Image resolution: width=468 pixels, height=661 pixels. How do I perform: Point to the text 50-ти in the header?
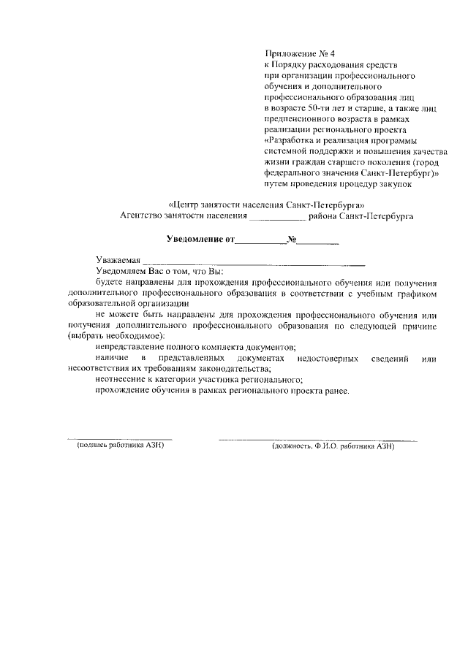[318, 108]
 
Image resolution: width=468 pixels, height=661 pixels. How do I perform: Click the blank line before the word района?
[277, 218]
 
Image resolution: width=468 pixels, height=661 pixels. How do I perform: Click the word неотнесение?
[121, 380]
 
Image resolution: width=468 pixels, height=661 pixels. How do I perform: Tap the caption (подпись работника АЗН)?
[116, 446]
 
